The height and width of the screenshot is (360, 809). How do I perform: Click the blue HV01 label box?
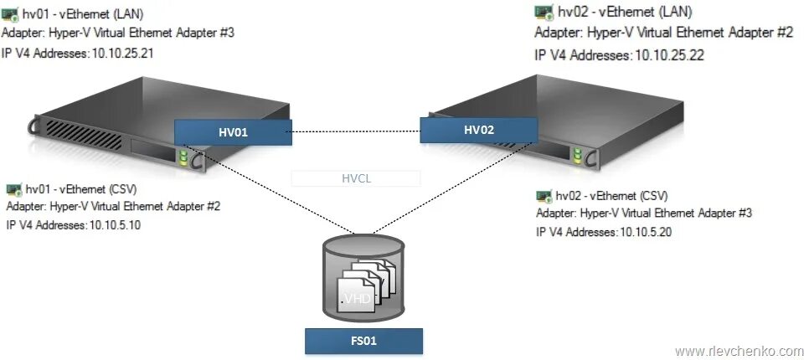pos(234,131)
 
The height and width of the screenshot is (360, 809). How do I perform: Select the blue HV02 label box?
pos(478,129)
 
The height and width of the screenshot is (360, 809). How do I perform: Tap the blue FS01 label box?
pos(363,341)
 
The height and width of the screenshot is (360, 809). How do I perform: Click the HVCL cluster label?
pos(355,177)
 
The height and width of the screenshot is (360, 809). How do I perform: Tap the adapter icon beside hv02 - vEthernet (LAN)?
pos(544,12)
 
